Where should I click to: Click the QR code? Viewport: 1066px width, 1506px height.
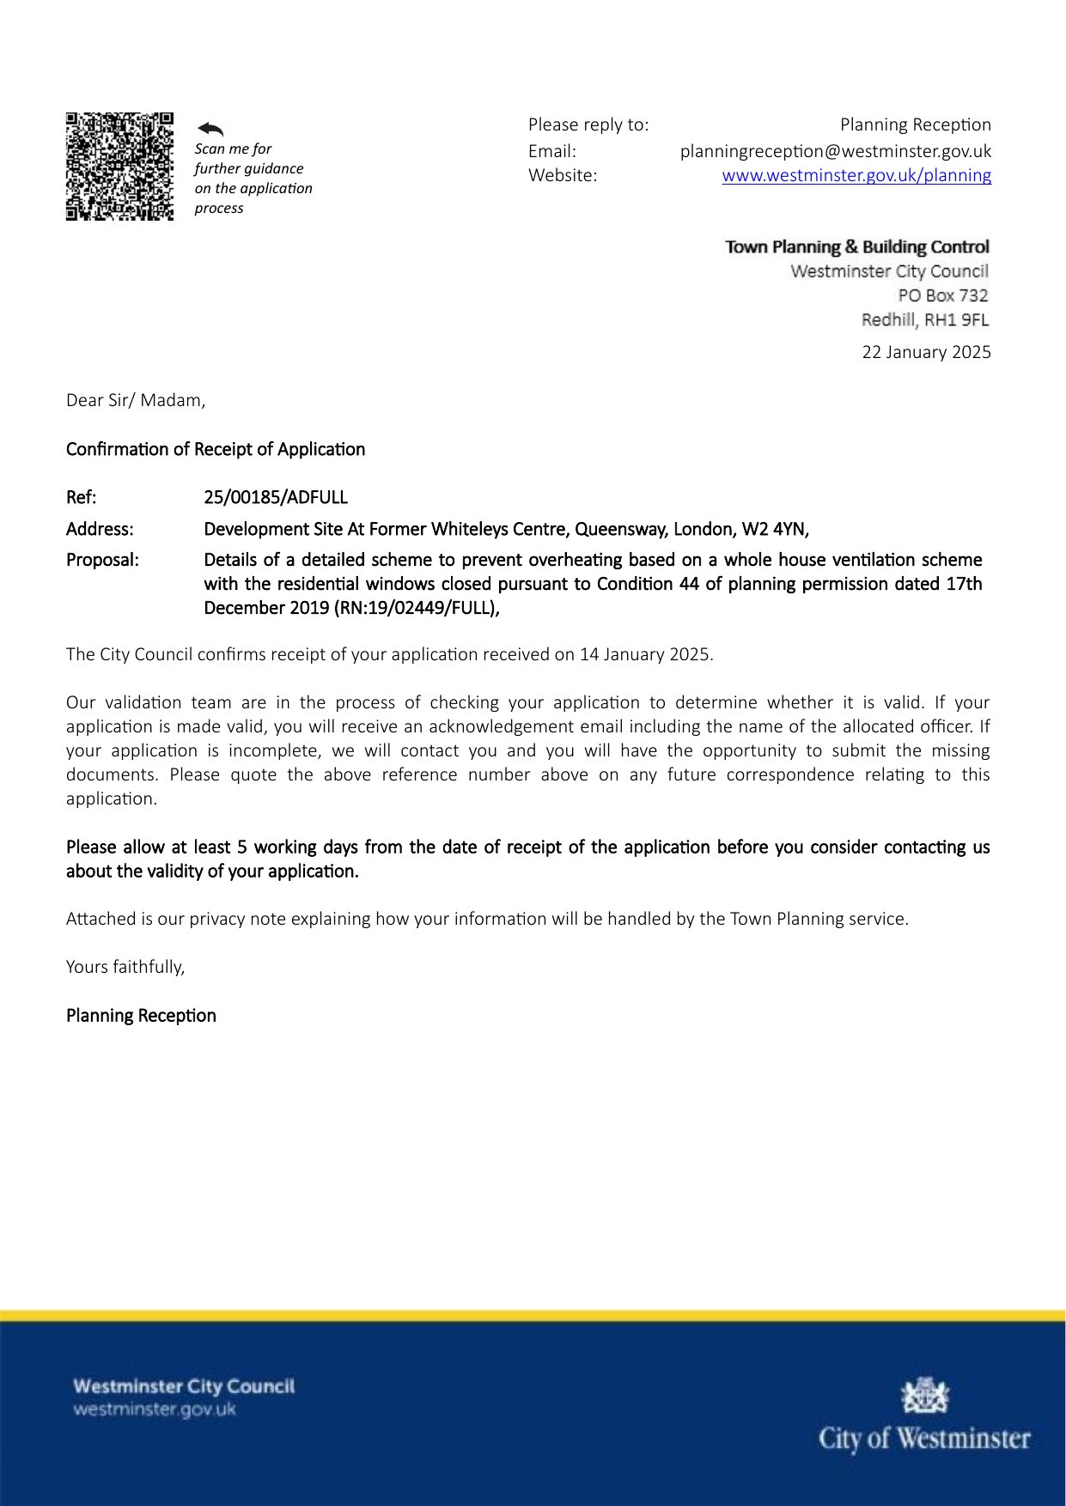click(x=119, y=166)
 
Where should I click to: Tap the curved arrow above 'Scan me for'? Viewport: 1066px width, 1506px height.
click(x=210, y=129)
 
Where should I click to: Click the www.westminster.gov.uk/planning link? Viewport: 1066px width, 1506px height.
click(x=856, y=175)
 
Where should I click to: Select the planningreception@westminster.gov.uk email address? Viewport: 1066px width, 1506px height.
click(x=835, y=151)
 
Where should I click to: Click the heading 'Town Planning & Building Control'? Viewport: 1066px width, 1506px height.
click(x=857, y=247)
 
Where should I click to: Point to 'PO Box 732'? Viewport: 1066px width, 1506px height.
click(x=943, y=295)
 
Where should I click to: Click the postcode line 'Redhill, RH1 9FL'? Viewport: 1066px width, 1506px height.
click(x=925, y=319)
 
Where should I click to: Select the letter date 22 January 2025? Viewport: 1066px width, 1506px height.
click(x=926, y=352)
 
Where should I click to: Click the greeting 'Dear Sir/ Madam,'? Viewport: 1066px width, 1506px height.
click(x=136, y=400)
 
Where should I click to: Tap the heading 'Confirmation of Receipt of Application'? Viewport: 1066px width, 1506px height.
click(x=216, y=449)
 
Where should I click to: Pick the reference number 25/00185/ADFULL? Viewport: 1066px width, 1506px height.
click(x=276, y=497)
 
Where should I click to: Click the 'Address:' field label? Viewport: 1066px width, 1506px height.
click(x=100, y=529)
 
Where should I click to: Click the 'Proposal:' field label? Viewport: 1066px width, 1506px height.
click(x=102, y=560)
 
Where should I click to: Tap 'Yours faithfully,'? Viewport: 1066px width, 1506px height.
click(x=125, y=967)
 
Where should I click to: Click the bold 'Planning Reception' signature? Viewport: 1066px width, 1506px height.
click(x=141, y=1016)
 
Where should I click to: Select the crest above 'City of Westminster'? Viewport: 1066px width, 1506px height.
click(x=924, y=1395)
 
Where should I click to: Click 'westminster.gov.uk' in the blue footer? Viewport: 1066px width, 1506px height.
click(x=155, y=1410)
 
